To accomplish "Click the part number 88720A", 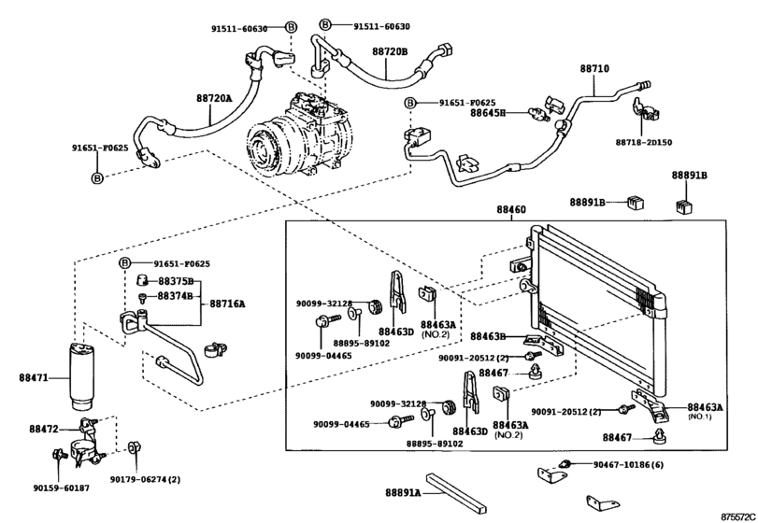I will pos(214,97).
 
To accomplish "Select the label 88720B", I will pos(391,51).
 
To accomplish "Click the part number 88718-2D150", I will pos(644,142).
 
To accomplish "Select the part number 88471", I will pos(36,377).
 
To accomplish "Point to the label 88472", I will pos(43,428).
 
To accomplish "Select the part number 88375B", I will pos(175,281).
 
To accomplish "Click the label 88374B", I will pos(175,296).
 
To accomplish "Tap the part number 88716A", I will pos(227,304).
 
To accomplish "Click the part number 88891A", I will pos(403,491).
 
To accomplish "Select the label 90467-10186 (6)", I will pos(626,464).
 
